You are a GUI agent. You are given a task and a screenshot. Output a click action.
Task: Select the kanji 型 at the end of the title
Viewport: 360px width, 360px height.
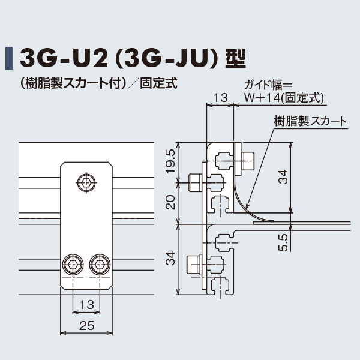[x=235, y=58]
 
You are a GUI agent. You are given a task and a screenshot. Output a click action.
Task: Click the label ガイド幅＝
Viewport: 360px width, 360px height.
[x=268, y=85]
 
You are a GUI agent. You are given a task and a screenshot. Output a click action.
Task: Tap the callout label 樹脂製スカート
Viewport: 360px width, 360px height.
[x=310, y=121]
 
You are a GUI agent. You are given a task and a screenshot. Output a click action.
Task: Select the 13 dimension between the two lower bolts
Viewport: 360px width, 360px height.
[x=87, y=304]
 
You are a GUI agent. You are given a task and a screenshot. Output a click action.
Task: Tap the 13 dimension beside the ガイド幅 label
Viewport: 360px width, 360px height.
[x=220, y=97]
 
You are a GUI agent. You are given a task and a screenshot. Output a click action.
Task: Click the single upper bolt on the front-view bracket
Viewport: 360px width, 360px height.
[x=87, y=181]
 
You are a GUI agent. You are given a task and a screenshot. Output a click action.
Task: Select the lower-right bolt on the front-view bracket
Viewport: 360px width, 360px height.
[x=100, y=264]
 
